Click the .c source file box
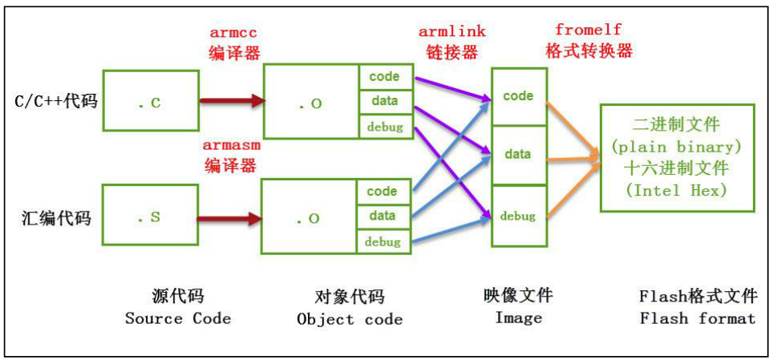(x=149, y=101)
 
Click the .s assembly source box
(x=149, y=217)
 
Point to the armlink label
(x=451, y=31)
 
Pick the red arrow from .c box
(x=232, y=101)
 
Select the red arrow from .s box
(x=230, y=217)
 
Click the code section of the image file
(x=518, y=96)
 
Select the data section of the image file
(x=518, y=154)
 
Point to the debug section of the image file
(x=518, y=216)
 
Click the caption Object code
(x=350, y=319)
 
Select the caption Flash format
(x=698, y=318)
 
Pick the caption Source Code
(x=178, y=318)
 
